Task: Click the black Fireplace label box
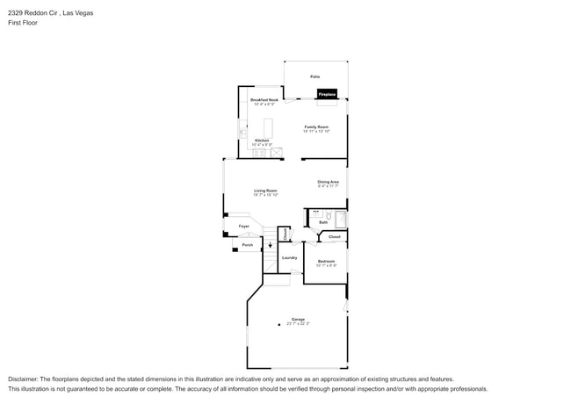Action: pyautogui.click(x=327, y=94)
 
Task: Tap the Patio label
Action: pyautogui.click(x=314, y=77)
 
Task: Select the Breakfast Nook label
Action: pyautogui.click(x=264, y=101)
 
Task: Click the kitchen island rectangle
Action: pyautogui.click(x=269, y=124)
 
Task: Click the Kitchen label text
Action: pyautogui.click(x=262, y=141)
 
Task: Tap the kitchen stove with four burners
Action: pyautogui.click(x=259, y=153)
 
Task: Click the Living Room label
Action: pyautogui.click(x=266, y=191)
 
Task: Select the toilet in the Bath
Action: pyautogui.click(x=327, y=215)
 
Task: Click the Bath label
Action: pyautogui.click(x=323, y=222)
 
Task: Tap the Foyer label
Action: pyautogui.click(x=244, y=227)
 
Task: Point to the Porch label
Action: pyautogui.click(x=248, y=245)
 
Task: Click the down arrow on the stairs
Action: pyautogui.click(x=270, y=244)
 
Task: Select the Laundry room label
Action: pyautogui.click(x=289, y=257)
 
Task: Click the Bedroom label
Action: pyautogui.click(x=326, y=262)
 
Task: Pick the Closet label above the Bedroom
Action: pyautogui.click(x=334, y=237)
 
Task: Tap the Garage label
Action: pyautogui.click(x=298, y=320)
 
